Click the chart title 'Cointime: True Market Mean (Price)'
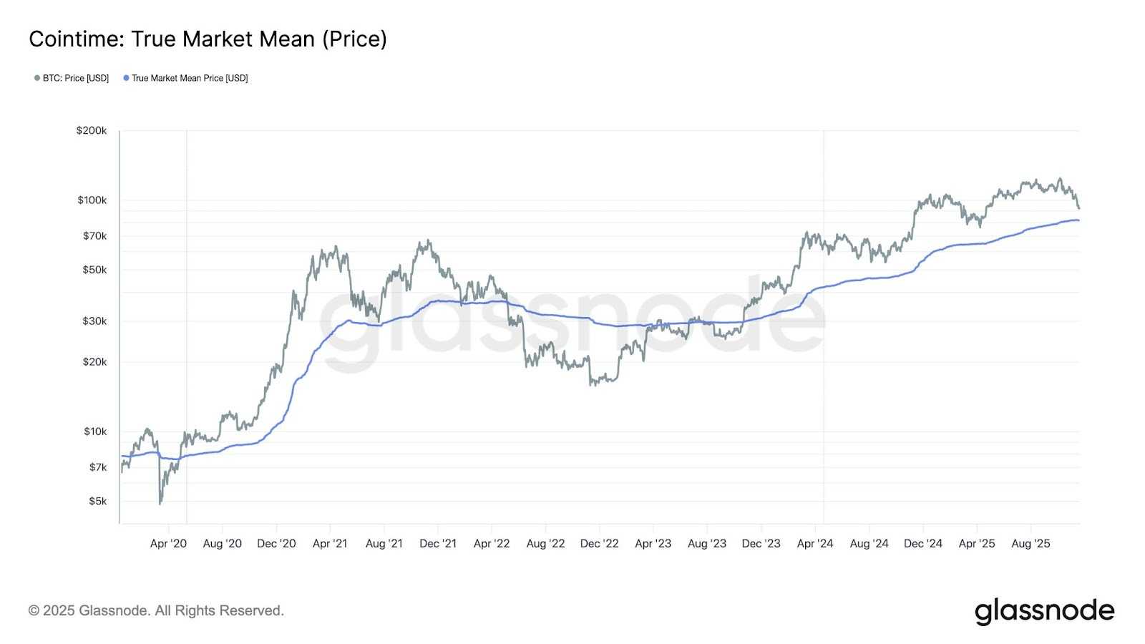[x=208, y=39]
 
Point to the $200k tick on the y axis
[x=92, y=131]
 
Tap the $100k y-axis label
[x=92, y=200]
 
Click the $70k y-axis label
[x=94, y=236]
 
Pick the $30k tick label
[x=94, y=321]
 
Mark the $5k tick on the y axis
[x=97, y=502]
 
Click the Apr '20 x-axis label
[x=168, y=544]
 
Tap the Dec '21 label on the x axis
[x=438, y=544]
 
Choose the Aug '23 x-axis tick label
[x=707, y=544]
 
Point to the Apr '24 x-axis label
[x=815, y=544]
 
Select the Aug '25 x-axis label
[x=1030, y=544]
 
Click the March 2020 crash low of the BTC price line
[x=160, y=504]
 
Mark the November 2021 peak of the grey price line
[x=428, y=241]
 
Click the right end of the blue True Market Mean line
[x=1078, y=220]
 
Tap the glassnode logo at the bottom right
[x=1044, y=611]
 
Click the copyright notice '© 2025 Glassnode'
[x=156, y=611]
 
